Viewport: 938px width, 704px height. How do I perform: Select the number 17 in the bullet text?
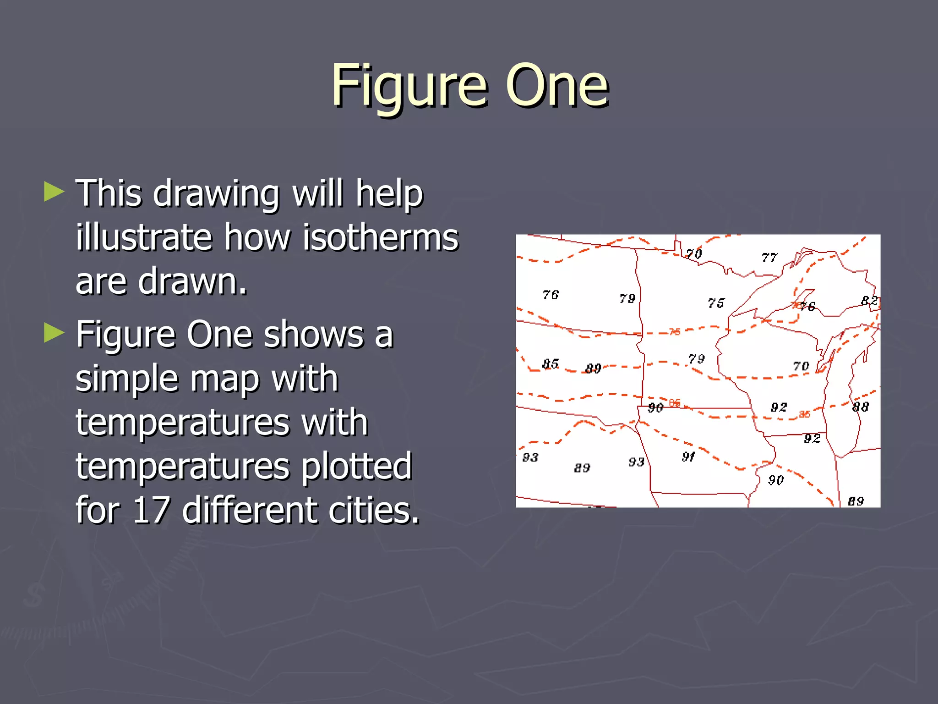[151, 510]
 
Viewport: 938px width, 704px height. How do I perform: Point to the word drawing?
[216, 193]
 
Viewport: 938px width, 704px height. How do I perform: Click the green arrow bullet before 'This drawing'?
[54, 192]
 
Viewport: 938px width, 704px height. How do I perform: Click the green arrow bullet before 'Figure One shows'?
[54, 333]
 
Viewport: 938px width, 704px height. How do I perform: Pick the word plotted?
[356, 466]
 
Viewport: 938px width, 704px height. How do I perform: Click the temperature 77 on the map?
[769, 258]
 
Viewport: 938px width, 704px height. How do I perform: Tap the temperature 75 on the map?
[716, 303]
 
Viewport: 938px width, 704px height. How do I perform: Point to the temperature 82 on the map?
[869, 301]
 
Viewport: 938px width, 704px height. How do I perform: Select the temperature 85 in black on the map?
[550, 364]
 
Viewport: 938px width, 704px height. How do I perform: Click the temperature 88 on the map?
[860, 407]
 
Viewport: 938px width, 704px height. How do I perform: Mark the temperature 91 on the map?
[688, 456]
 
